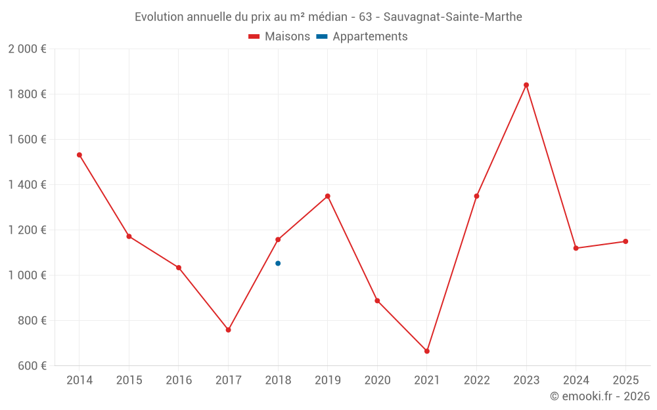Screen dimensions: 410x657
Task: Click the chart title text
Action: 328,17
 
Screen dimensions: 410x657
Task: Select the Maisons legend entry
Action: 279,37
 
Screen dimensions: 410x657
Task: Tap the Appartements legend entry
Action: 362,37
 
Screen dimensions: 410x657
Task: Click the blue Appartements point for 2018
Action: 278,263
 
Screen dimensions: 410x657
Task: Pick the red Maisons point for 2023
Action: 526,85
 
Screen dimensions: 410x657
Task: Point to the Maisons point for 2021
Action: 427,351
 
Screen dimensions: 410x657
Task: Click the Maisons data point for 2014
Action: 79,155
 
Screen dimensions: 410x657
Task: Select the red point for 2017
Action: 228,330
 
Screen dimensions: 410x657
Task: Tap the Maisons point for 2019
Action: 327,196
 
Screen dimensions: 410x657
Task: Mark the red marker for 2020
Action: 377,300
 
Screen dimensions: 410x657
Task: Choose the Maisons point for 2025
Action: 625,241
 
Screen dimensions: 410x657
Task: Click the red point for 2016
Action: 179,268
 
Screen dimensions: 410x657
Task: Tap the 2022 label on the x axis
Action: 476,380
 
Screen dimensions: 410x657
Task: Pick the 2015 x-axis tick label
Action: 129,380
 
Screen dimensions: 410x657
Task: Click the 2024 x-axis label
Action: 576,380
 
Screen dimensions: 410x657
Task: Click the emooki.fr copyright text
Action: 599,396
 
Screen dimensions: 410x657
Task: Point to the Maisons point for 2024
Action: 576,248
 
